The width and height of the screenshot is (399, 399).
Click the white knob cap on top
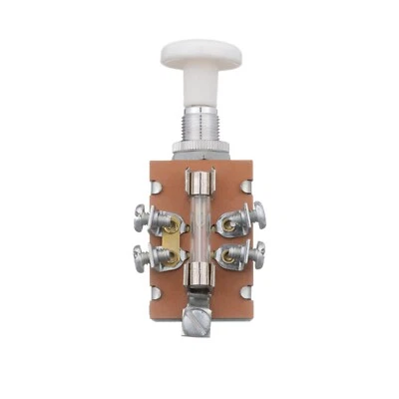[x=198, y=51]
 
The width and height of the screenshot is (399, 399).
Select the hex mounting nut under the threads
[x=198, y=150]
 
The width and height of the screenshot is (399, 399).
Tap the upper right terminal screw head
[x=258, y=211]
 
